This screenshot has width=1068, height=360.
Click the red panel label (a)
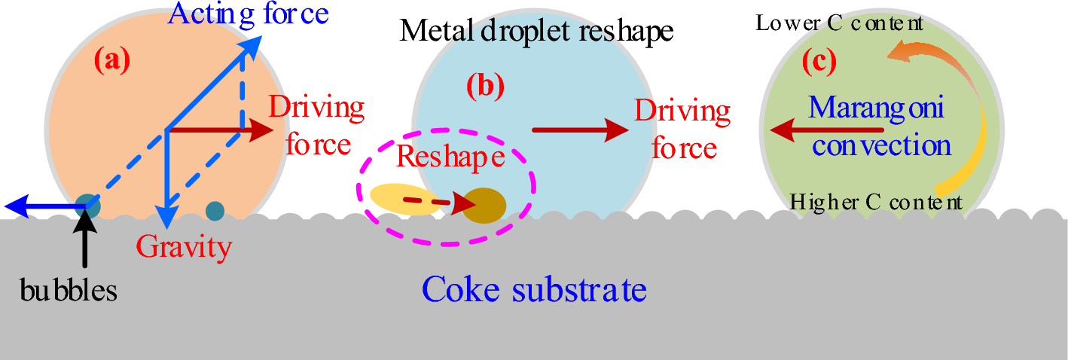(x=112, y=61)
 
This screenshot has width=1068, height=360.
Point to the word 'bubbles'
(x=69, y=291)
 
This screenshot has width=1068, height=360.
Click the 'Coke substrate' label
(x=534, y=288)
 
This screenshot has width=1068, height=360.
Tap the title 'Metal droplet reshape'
(x=536, y=31)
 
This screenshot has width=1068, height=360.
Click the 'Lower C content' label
(x=839, y=23)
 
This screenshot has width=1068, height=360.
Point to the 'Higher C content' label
(x=875, y=202)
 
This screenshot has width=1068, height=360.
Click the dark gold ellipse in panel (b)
(x=483, y=205)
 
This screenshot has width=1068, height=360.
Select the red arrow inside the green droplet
(x=825, y=131)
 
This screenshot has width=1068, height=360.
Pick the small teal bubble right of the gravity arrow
(x=215, y=212)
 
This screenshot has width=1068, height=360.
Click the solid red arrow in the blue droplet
(x=580, y=130)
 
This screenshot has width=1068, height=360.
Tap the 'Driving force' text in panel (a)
(x=317, y=126)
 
